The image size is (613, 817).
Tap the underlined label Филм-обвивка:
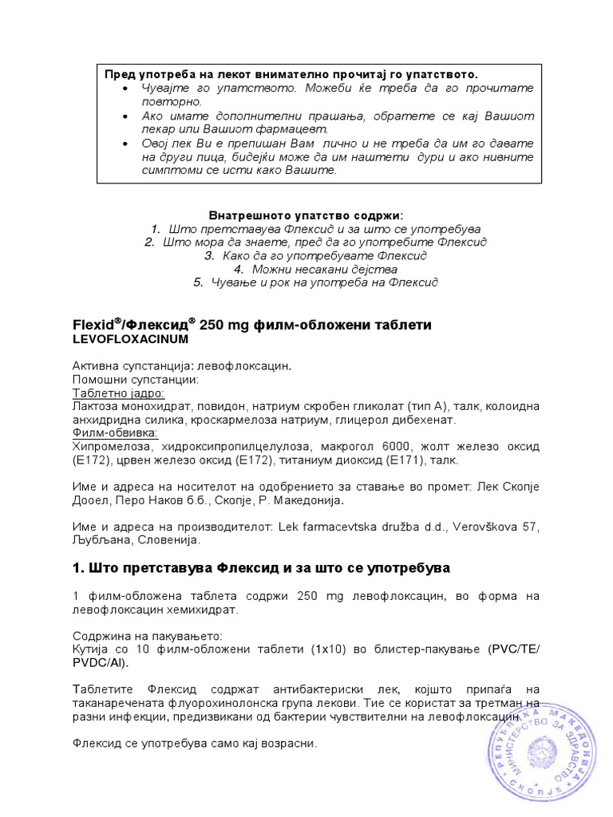point(116,433)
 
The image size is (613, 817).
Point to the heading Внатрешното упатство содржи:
point(306,215)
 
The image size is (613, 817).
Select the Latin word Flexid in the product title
point(93,326)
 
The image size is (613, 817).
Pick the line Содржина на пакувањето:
point(147,635)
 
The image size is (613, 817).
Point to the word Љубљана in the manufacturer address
point(101,539)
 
